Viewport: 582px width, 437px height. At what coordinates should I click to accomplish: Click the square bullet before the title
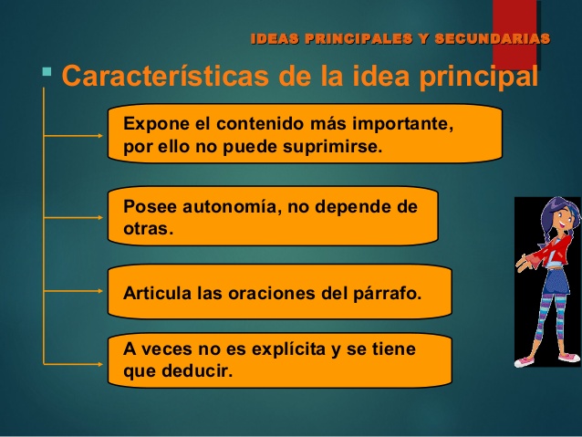click(47, 70)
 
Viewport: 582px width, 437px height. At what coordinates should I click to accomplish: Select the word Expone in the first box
click(152, 122)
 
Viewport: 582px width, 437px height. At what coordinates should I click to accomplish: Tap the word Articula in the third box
click(155, 293)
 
